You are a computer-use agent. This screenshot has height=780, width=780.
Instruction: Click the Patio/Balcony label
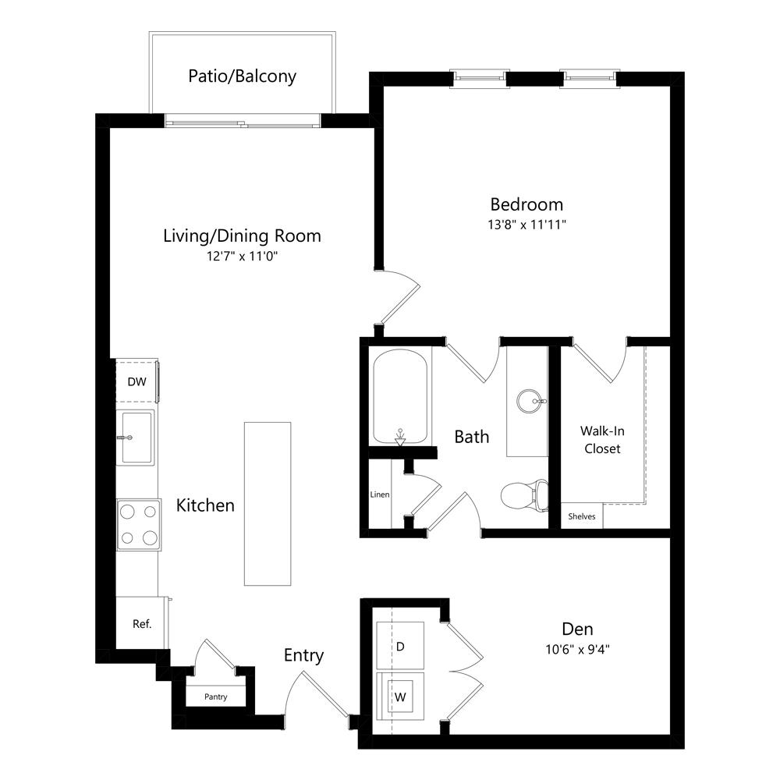coord(243,76)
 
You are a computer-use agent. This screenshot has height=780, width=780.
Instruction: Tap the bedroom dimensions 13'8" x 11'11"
coord(526,225)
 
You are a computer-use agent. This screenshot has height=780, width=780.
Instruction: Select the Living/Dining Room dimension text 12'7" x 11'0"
coord(242,256)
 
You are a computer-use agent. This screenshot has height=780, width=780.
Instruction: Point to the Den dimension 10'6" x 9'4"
coord(577,649)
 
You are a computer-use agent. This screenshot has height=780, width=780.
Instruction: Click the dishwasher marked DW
coord(137,381)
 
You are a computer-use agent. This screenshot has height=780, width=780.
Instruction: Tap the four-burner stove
coord(139,525)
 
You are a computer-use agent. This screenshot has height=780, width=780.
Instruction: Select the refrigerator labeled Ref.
coord(142,622)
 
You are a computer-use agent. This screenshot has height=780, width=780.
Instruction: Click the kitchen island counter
coord(268,504)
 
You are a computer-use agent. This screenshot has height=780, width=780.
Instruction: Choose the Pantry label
coord(216,697)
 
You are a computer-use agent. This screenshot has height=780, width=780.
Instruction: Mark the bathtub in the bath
coord(400,396)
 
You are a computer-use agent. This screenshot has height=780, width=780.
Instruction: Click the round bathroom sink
coord(530,401)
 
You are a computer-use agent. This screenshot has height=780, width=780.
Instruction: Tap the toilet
coord(524,496)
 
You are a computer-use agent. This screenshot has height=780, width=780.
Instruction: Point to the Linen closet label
coord(380,495)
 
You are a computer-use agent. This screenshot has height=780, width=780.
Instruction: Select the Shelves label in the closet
coord(582,516)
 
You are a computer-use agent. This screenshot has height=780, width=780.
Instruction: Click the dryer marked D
coord(400,645)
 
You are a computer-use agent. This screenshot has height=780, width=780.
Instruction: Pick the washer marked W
coord(400,696)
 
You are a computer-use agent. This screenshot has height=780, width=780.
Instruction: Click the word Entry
coord(304,656)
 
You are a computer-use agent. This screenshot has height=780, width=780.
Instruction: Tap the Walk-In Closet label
coord(602,440)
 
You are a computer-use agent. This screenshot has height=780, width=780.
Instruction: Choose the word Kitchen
coord(205,505)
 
